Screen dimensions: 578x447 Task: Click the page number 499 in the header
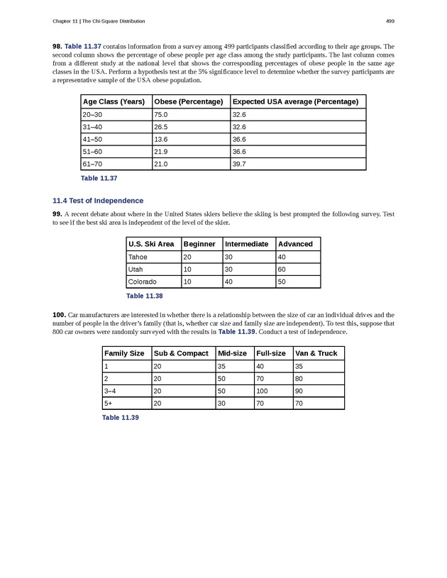click(x=390, y=21)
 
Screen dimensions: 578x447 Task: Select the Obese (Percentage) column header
click(x=188, y=101)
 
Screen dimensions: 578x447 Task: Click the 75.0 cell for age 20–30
click(x=161, y=114)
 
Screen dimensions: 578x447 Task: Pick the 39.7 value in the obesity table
click(x=239, y=164)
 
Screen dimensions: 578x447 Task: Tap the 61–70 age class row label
click(x=92, y=164)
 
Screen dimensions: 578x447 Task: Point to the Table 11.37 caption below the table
click(x=99, y=178)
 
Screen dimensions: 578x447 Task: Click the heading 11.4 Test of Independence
click(x=98, y=201)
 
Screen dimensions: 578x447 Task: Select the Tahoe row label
click(x=138, y=257)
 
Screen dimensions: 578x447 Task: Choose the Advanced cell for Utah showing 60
click(x=283, y=269)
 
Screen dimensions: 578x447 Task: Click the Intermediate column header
click(x=246, y=244)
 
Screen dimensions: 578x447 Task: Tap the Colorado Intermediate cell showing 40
click(x=230, y=282)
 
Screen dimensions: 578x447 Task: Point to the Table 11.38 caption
click(x=144, y=296)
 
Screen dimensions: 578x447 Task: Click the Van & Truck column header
click(x=316, y=353)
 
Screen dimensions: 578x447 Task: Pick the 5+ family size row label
click(x=109, y=403)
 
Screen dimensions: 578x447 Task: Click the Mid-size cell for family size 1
click(x=223, y=366)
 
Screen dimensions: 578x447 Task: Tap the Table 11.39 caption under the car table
click(x=120, y=418)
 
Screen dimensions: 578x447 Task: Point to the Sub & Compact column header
click(x=181, y=353)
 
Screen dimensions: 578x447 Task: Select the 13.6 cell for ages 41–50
click(x=161, y=139)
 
